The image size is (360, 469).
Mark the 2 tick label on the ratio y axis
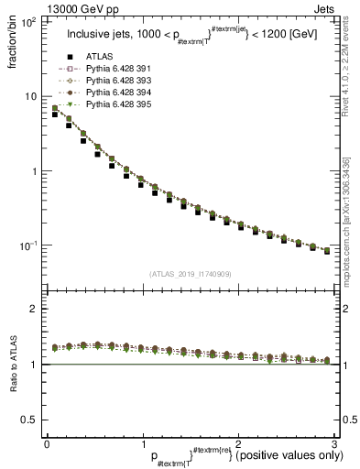tap(35, 309)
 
